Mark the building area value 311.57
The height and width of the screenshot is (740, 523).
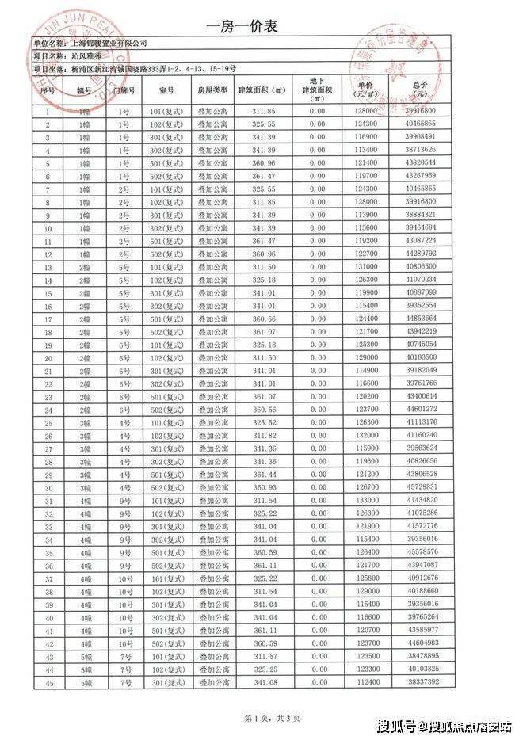pos(262,656)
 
